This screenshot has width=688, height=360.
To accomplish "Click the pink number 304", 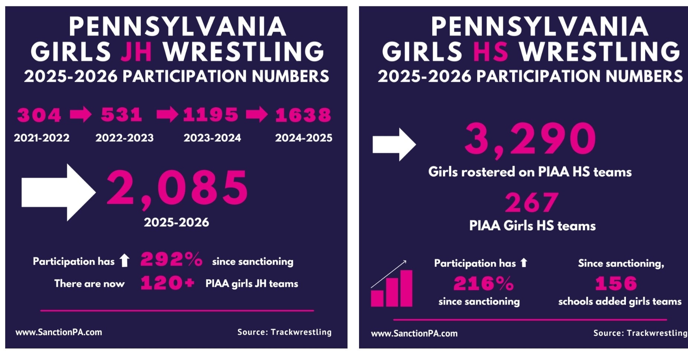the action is click(x=39, y=115).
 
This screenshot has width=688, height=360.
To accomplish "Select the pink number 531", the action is click(x=122, y=115).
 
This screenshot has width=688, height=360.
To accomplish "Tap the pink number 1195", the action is click(x=210, y=115).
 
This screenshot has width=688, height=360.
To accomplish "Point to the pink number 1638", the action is click(x=303, y=115).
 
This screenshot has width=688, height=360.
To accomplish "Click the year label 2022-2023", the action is click(x=125, y=138).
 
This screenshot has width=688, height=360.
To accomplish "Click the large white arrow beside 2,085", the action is click(x=59, y=192).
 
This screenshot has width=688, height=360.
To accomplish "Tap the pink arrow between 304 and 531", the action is click(x=81, y=114).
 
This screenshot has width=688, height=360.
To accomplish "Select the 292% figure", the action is click(x=171, y=259).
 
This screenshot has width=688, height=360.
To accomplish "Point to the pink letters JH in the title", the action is click(x=136, y=51).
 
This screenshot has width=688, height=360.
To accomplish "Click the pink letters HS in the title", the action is click(x=490, y=51).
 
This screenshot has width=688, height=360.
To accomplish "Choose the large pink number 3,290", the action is click(x=530, y=139).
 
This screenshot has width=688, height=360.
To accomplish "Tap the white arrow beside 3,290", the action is click(x=394, y=145).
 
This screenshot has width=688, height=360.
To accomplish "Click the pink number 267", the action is click(x=532, y=202).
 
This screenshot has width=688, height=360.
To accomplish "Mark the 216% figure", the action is click(x=484, y=283).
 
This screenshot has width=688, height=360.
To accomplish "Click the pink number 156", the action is click(x=616, y=283).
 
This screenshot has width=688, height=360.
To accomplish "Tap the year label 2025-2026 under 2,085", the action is click(x=177, y=222).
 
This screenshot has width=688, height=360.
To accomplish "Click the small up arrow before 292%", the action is click(x=125, y=260).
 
